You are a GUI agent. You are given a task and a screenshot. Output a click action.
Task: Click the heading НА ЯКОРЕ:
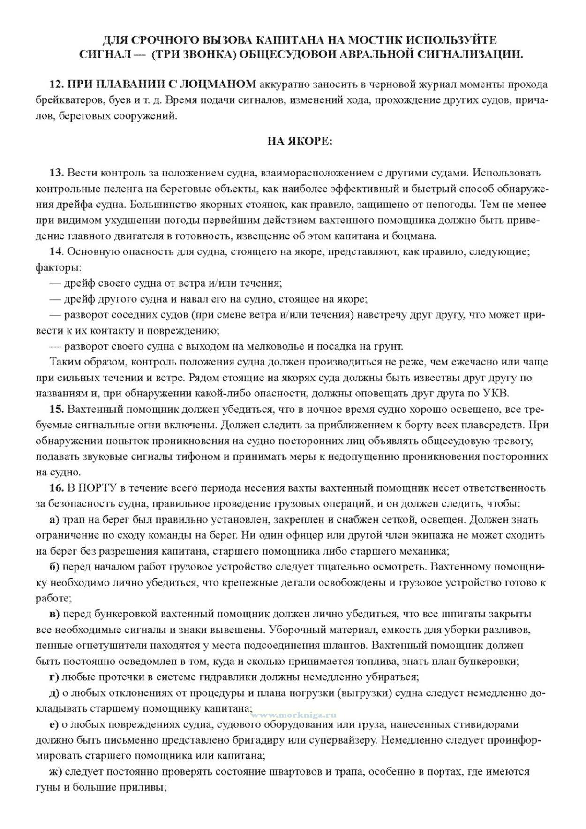(x=300, y=141)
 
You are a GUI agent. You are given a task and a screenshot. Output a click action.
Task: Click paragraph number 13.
(x=56, y=173)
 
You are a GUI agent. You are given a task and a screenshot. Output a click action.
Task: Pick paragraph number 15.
(x=56, y=409)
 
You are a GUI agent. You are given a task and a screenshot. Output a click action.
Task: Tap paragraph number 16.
(x=56, y=488)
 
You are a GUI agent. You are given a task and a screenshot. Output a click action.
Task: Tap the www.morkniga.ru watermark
(x=294, y=715)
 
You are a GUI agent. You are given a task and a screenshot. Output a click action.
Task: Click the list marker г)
(x=53, y=677)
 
